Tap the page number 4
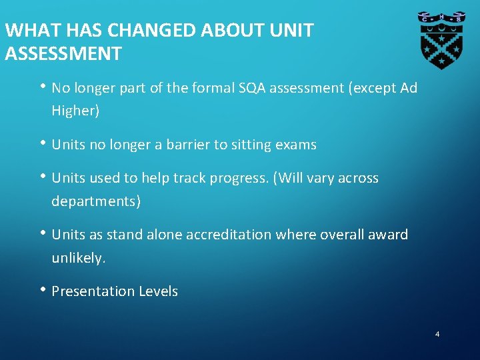point(437,334)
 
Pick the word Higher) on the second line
point(75,111)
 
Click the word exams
point(295,145)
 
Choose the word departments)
point(96,201)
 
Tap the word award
point(388,235)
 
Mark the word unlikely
point(79,258)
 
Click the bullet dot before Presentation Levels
point(43,290)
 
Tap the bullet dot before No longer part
point(43,87)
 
